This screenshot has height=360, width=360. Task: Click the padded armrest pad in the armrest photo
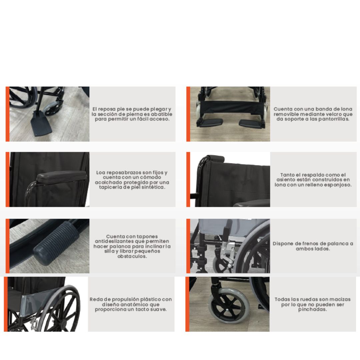62,176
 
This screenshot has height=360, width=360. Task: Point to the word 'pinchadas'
312,309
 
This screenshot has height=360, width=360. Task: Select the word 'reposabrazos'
124,173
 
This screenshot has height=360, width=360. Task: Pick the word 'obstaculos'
132,256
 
